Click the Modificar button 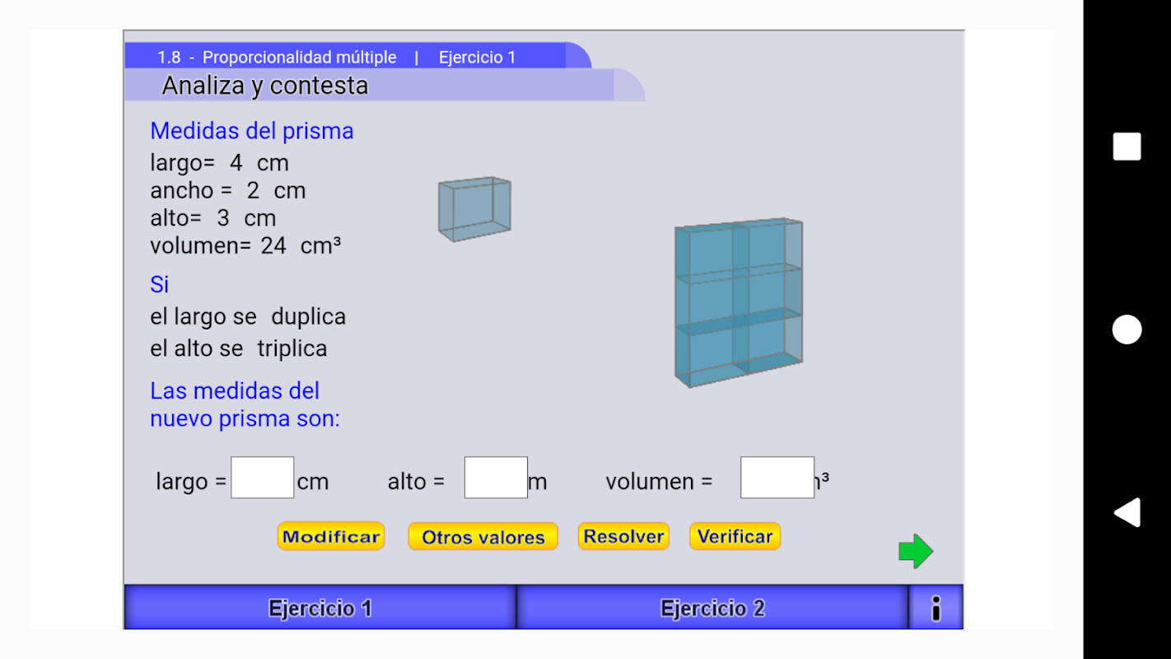[331, 536]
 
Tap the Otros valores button [483, 536]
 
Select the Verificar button [735, 536]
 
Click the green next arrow [916, 551]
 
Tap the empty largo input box [263, 478]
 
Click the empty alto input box [496, 478]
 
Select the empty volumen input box [777, 478]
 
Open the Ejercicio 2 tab [712, 608]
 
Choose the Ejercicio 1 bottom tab [320, 608]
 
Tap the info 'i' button [935, 608]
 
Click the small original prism [474, 209]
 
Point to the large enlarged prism [739, 302]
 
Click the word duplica [309, 317]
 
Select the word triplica [292, 348]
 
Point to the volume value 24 [273, 245]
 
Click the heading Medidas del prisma [252, 131]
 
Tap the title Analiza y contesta [265, 85]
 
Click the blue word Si [160, 284]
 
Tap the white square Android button [1127, 147]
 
